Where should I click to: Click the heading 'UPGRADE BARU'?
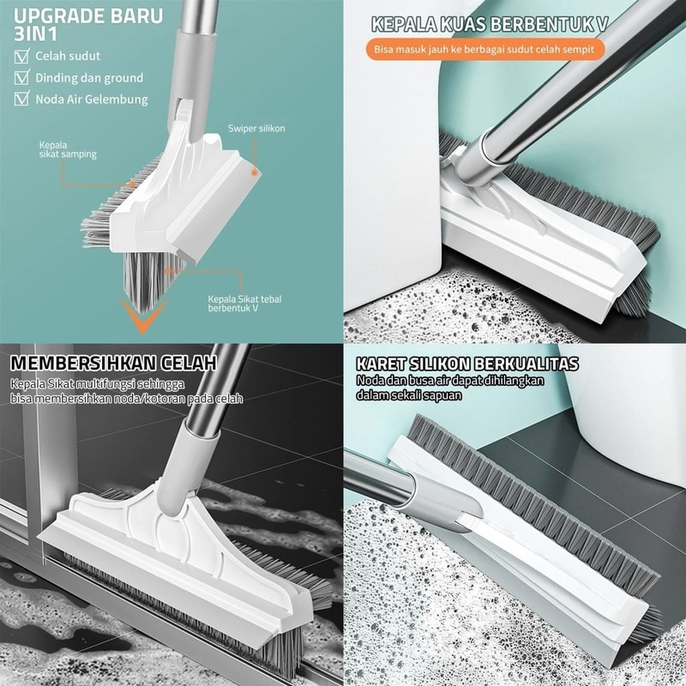pyautogui.click(x=88, y=15)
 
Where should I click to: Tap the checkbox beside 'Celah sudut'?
pyautogui.click(x=22, y=56)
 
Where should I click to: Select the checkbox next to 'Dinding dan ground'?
pyautogui.click(x=22, y=77)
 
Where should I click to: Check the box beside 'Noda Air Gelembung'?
pyautogui.click(x=22, y=99)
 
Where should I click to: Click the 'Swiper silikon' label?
pyautogui.click(x=256, y=128)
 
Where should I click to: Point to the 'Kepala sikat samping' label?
pyautogui.click(x=68, y=149)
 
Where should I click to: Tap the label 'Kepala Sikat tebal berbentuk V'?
pyautogui.click(x=244, y=304)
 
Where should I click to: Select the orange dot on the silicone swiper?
pyautogui.click(x=254, y=172)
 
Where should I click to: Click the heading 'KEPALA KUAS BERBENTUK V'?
pyautogui.click(x=490, y=25)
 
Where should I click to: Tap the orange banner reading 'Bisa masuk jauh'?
pyautogui.click(x=484, y=49)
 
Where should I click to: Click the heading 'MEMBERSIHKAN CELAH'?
pyautogui.click(x=113, y=363)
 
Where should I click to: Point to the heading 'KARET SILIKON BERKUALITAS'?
pyautogui.click(x=467, y=364)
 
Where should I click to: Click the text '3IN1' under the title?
pyautogui.click(x=35, y=34)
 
